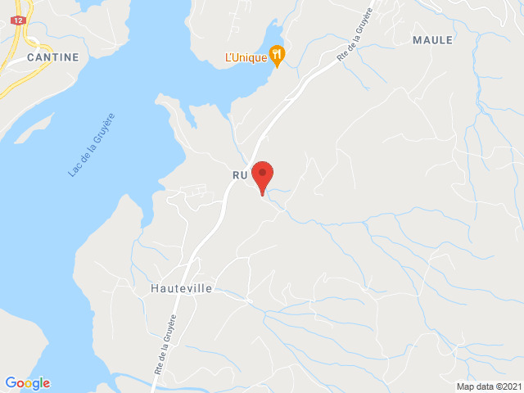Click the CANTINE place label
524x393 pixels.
52,57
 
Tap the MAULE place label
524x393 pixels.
432,40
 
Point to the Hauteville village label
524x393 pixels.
181,289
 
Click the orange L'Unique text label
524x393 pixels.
246,57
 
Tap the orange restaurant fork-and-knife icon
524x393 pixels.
278,55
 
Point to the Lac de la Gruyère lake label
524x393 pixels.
92,145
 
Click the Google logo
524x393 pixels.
27,382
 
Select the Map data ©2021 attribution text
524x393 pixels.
488,386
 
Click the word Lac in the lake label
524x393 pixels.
75,170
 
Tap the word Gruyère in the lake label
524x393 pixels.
103,127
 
